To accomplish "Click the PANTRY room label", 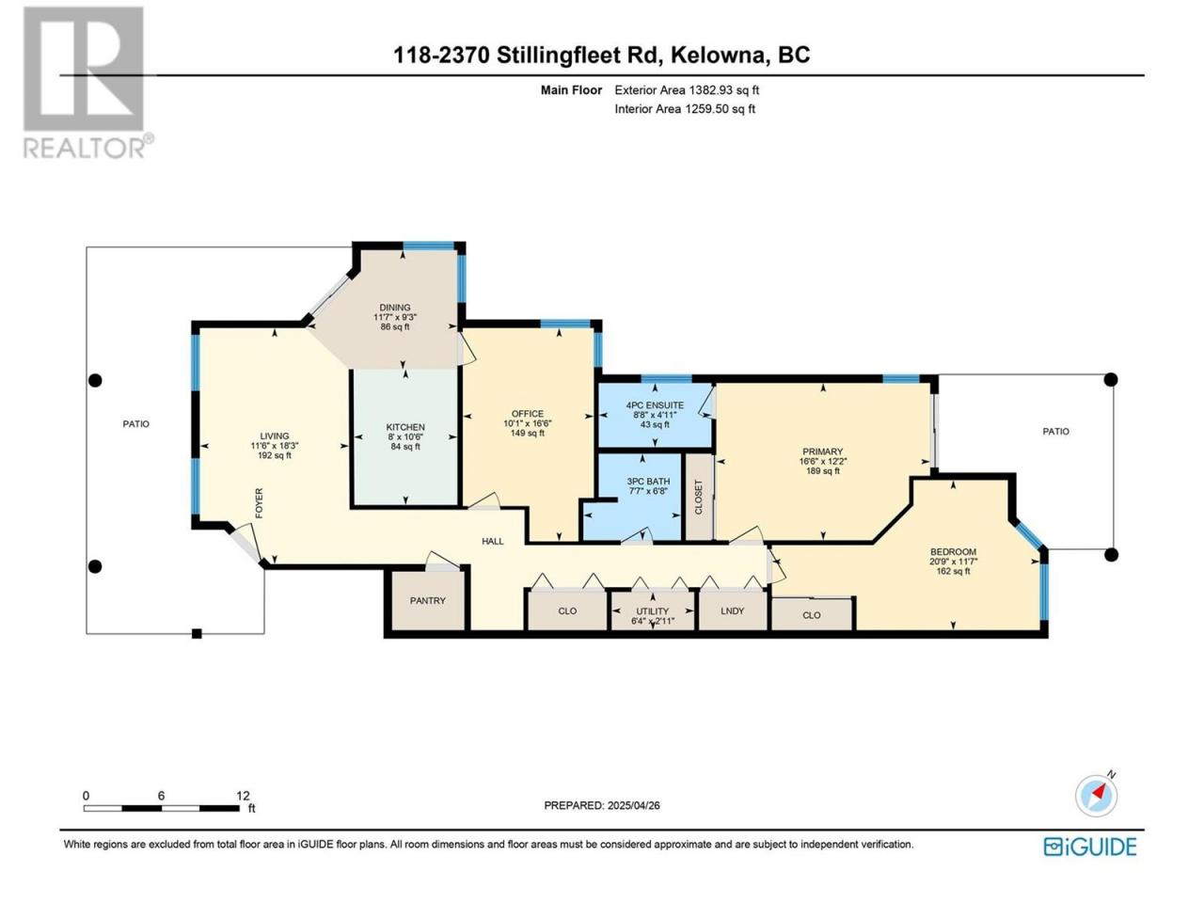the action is pyautogui.click(x=427, y=600).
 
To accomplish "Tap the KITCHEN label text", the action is pyautogui.click(x=405, y=427).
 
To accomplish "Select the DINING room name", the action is pyautogui.click(x=395, y=308).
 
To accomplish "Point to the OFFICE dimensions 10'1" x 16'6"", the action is pyautogui.click(x=528, y=423).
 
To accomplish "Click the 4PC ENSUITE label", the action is pyautogui.click(x=655, y=405).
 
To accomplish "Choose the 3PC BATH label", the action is pyautogui.click(x=648, y=482).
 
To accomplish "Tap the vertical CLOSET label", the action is pyautogui.click(x=698, y=498).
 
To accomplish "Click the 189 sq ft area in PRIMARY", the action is pyautogui.click(x=823, y=471).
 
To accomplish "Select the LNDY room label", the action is pyautogui.click(x=732, y=610).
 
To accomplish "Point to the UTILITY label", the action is pyautogui.click(x=652, y=610).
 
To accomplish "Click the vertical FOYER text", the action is pyautogui.click(x=259, y=502).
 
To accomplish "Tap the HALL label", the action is pyautogui.click(x=493, y=541).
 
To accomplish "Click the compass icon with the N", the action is pyautogui.click(x=1096, y=796).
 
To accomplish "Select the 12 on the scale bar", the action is pyautogui.click(x=243, y=796).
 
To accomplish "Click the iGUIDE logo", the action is pyautogui.click(x=1090, y=847).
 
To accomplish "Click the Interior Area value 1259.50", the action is pyautogui.click(x=707, y=108).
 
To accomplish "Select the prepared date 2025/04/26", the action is pyautogui.click(x=634, y=805).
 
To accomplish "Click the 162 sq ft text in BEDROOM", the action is pyautogui.click(x=954, y=571).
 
